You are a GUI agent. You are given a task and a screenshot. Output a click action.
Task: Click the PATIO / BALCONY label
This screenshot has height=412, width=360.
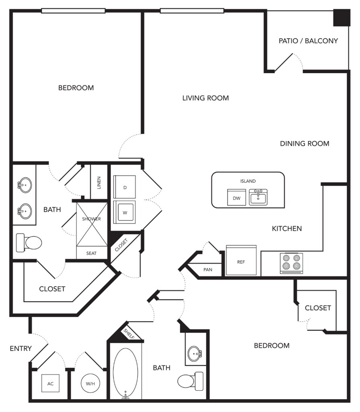(x=308, y=41)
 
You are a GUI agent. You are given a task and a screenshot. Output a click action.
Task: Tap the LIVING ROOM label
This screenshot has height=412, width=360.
(x=206, y=98)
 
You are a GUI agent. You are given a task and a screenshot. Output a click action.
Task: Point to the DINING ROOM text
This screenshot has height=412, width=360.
(x=304, y=144)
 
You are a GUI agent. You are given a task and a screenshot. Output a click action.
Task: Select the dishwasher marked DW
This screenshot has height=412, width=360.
(x=237, y=197)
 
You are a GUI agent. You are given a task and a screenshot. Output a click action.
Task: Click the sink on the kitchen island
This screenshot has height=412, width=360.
(x=258, y=197)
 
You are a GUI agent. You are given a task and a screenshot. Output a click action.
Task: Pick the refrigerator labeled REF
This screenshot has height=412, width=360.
(x=241, y=260)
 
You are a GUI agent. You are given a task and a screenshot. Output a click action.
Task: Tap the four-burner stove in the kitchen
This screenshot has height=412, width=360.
(x=291, y=263)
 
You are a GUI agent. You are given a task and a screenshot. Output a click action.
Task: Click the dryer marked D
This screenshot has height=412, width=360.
(x=125, y=187)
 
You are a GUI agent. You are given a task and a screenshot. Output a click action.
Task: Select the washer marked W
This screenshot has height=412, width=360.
(x=125, y=212)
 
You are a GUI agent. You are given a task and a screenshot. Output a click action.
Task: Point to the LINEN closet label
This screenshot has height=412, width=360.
(x=99, y=183)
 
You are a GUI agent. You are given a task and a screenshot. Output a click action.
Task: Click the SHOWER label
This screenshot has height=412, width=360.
(x=91, y=219)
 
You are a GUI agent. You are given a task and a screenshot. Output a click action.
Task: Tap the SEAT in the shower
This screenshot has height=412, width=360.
(x=91, y=253)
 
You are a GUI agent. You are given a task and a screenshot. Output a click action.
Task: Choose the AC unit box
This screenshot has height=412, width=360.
(x=50, y=383)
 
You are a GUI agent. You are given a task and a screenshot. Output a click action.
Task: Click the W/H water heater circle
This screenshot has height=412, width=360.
(x=91, y=383)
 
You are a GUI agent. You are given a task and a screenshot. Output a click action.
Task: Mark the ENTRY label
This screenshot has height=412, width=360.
(x=21, y=348)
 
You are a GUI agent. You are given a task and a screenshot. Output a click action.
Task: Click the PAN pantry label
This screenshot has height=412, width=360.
(x=208, y=270)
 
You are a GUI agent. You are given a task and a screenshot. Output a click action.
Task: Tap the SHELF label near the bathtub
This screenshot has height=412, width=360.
(x=129, y=334)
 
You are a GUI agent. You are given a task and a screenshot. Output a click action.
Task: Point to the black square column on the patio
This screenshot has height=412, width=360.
(x=341, y=18)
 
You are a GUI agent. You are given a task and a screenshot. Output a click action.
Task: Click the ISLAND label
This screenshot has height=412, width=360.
(x=248, y=181)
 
